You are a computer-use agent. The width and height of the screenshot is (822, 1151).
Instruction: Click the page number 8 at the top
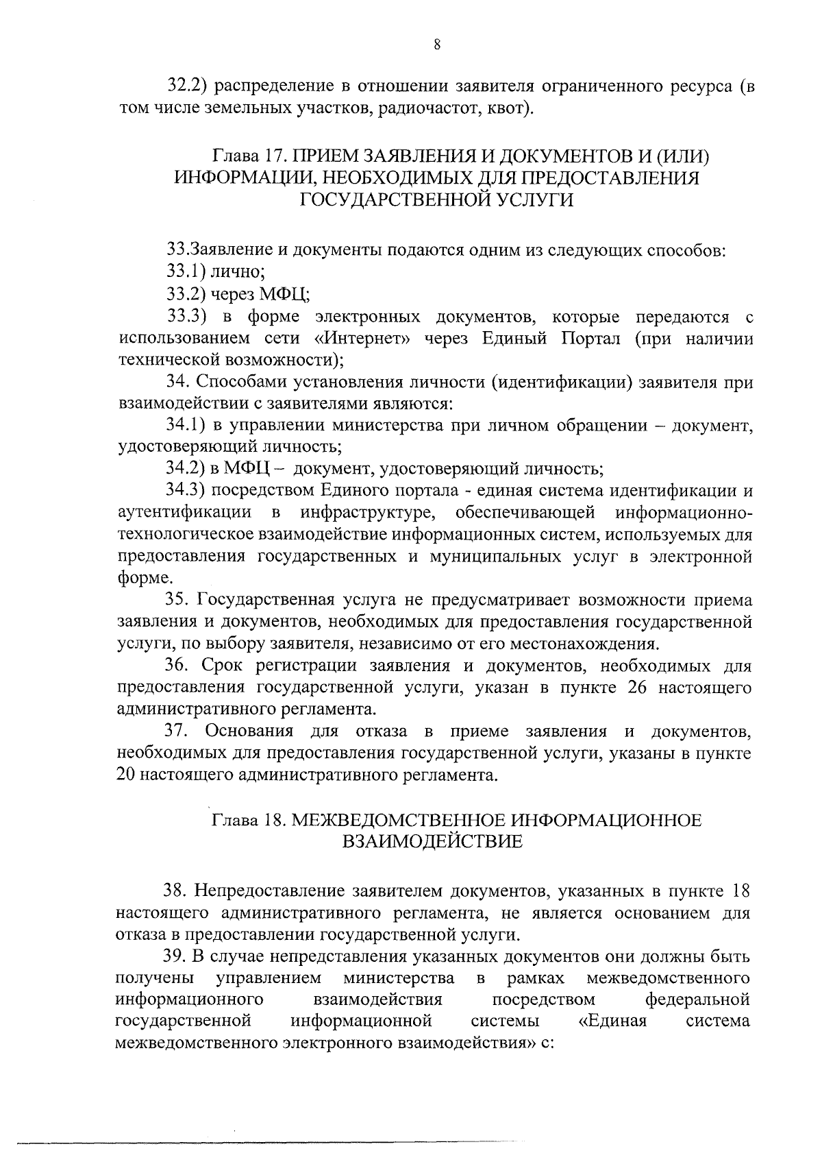point(437,45)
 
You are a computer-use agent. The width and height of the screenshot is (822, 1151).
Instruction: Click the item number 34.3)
point(186,491)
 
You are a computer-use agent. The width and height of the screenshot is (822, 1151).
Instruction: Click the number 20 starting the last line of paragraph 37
point(128,775)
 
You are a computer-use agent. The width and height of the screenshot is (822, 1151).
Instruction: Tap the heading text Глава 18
point(247,820)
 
